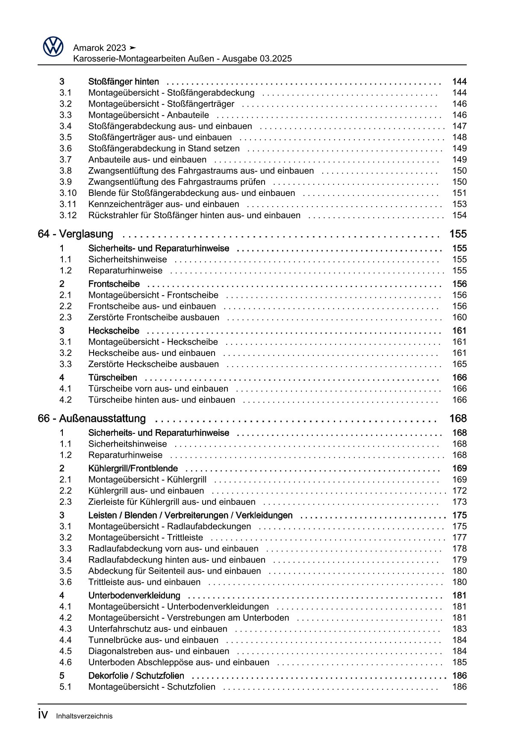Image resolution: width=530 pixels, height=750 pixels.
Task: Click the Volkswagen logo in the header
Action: pyautogui.click(x=53, y=46)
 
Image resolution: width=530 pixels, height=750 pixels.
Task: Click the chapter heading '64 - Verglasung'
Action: pyautogui.click(x=76, y=234)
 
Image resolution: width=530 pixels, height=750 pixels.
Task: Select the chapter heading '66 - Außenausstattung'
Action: pyautogui.click(x=92, y=418)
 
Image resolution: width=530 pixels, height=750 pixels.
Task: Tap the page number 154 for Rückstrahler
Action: pyautogui.click(x=459, y=216)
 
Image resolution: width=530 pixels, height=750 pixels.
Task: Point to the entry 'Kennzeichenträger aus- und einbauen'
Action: pyautogui.click(x=164, y=205)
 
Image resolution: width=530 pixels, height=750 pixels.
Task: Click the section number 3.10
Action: pyautogui.click(x=68, y=193)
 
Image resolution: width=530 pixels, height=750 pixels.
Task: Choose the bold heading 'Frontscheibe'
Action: pyautogui.click(x=114, y=284)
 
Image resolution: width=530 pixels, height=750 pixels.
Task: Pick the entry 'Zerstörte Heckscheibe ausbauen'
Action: pyautogui.click(x=153, y=365)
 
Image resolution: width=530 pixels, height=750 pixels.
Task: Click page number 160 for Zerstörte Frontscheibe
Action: pyautogui.click(x=459, y=317)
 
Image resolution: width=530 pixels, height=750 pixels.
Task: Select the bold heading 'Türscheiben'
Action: pyautogui.click(x=113, y=378)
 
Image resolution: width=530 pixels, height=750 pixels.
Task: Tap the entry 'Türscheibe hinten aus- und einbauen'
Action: pyautogui.click(x=162, y=400)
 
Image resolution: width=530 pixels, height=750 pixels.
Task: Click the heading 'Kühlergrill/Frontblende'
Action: pyautogui.click(x=133, y=468)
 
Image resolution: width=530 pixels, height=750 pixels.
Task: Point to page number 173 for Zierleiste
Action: pyautogui.click(x=459, y=502)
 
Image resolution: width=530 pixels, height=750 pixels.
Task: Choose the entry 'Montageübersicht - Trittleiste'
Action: pyautogui.click(x=146, y=538)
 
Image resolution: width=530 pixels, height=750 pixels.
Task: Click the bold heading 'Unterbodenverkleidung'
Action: pyautogui.click(x=134, y=596)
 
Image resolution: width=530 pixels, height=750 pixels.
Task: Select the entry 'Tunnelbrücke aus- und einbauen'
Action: pyautogui.click(x=153, y=640)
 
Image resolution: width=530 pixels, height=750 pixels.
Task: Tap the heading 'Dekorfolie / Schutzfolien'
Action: pyautogui.click(x=136, y=676)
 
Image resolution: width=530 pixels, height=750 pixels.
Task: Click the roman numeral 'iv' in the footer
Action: pyautogui.click(x=43, y=714)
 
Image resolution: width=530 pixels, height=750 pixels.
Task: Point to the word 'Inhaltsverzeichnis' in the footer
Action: pyautogui.click(x=84, y=716)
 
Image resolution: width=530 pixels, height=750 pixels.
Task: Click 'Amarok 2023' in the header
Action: pyautogui.click(x=100, y=47)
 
